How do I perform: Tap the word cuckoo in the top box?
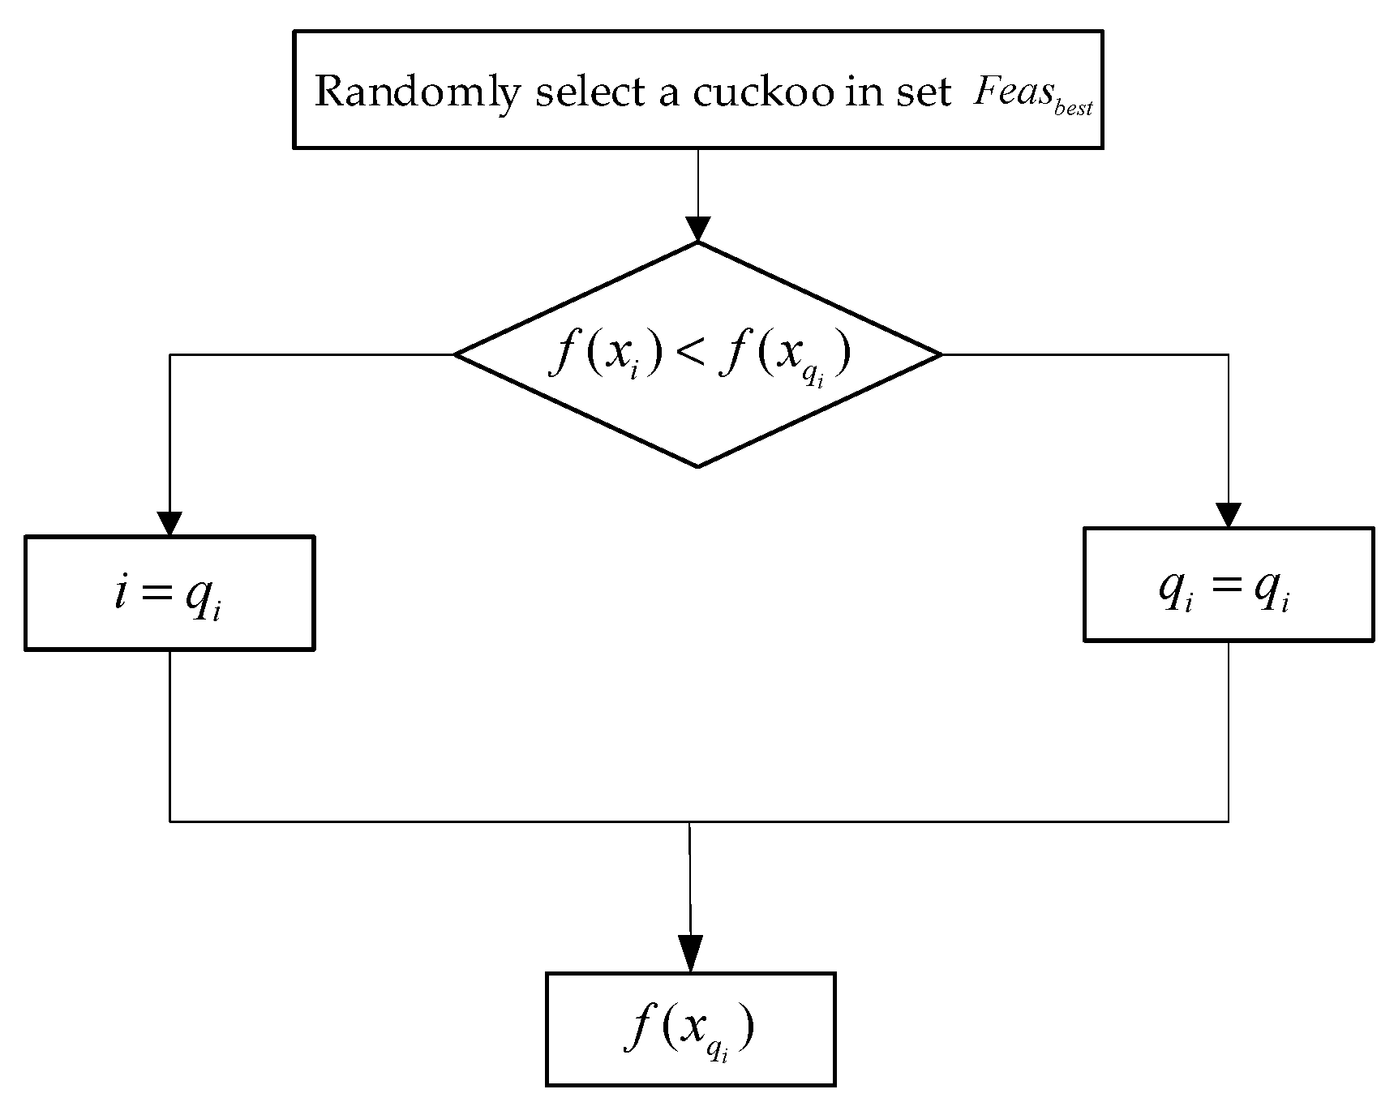pyautogui.click(x=761, y=92)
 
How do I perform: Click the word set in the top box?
pyautogui.click(x=922, y=92)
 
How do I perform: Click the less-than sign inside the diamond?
pyautogui.click(x=689, y=356)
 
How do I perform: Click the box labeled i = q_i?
pyautogui.click(x=169, y=593)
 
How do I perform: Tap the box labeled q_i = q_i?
pyautogui.click(x=1228, y=585)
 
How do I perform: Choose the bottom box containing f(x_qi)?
pyautogui.click(x=690, y=1028)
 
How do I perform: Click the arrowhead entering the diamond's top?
pyautogui.click(x=697, y=229)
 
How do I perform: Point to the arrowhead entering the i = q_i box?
pyautogui.click(x=169, y=523)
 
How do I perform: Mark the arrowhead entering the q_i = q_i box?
pyautogui.click(x=1228, y=515)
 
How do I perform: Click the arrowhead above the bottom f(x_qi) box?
pyautogui.click(x=690, y=954)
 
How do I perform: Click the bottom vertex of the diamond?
pyautogui.click(x=698, y=466)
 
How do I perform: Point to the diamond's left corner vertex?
pyautogui.click(x=456, y=354)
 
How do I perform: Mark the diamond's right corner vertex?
pyautogui.click(x=941, y=354)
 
